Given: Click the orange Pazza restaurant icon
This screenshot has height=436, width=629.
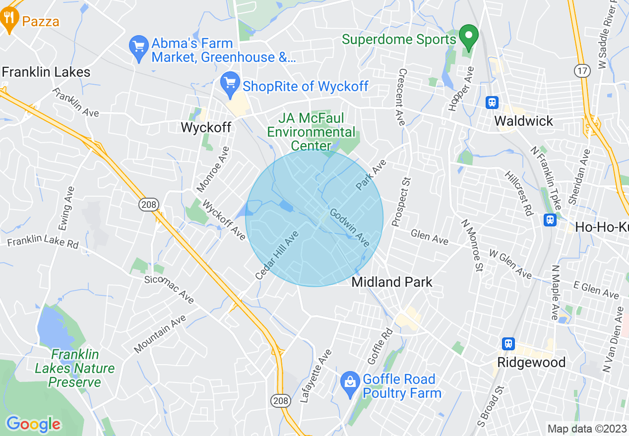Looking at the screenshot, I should pos(9,19).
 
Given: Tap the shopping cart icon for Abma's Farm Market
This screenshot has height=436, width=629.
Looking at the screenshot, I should pos(138,47).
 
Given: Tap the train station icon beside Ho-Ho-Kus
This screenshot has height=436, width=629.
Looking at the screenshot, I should pos(550,219).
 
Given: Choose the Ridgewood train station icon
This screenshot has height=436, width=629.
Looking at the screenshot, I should pos(508,344).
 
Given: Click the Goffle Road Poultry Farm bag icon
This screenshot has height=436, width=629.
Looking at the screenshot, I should pos(350,382).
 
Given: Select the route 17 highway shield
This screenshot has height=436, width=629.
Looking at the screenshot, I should pos(582,71).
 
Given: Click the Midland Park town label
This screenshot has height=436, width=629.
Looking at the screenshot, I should pos(392,282).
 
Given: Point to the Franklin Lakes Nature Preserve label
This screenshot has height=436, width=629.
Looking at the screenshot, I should pos(74,368).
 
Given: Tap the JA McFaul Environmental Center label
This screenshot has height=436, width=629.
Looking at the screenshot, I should pos(311,132).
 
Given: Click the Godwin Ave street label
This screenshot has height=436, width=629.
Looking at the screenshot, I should pos(350,227).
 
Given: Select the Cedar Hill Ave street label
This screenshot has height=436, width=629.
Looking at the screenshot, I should pos(277,256).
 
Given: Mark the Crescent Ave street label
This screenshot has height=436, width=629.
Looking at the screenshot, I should pos(400,97).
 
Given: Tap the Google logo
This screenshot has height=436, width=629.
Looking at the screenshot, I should pos(33,424).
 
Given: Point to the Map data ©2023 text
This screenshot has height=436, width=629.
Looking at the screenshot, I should pos(586,429).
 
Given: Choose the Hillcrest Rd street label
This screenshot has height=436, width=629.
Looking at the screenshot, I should pos(517,194).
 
